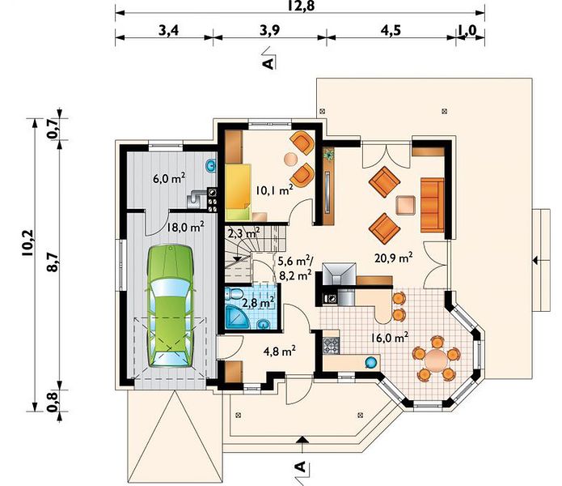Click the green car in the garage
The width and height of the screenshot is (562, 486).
click(x=170, y=306)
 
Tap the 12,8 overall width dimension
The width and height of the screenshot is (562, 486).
click(x=300, y=6)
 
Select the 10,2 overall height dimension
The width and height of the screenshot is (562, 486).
click(x=27, y=243)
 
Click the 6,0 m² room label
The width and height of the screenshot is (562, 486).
click(x=169, y=178)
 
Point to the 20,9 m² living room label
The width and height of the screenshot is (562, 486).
click(x=393, y=258)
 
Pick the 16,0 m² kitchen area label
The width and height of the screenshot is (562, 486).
click(x=390, y=338)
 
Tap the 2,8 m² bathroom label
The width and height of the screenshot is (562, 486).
click(x=259, y=302)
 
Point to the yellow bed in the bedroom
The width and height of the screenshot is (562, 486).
click(x=238, y=192)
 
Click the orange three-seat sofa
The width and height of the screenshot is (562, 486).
click(x=432, y=205)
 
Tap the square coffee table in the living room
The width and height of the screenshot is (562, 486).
click(x=405, y=205)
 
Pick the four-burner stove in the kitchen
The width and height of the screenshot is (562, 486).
click(x=331, y=346)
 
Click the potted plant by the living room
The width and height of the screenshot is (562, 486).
click(x=328, y=155)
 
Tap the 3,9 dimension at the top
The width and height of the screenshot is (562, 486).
click(x=269, y=31)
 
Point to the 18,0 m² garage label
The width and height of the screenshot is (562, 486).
click(x=185, y=227)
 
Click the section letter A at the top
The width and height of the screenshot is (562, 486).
click(x=268, y=63)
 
